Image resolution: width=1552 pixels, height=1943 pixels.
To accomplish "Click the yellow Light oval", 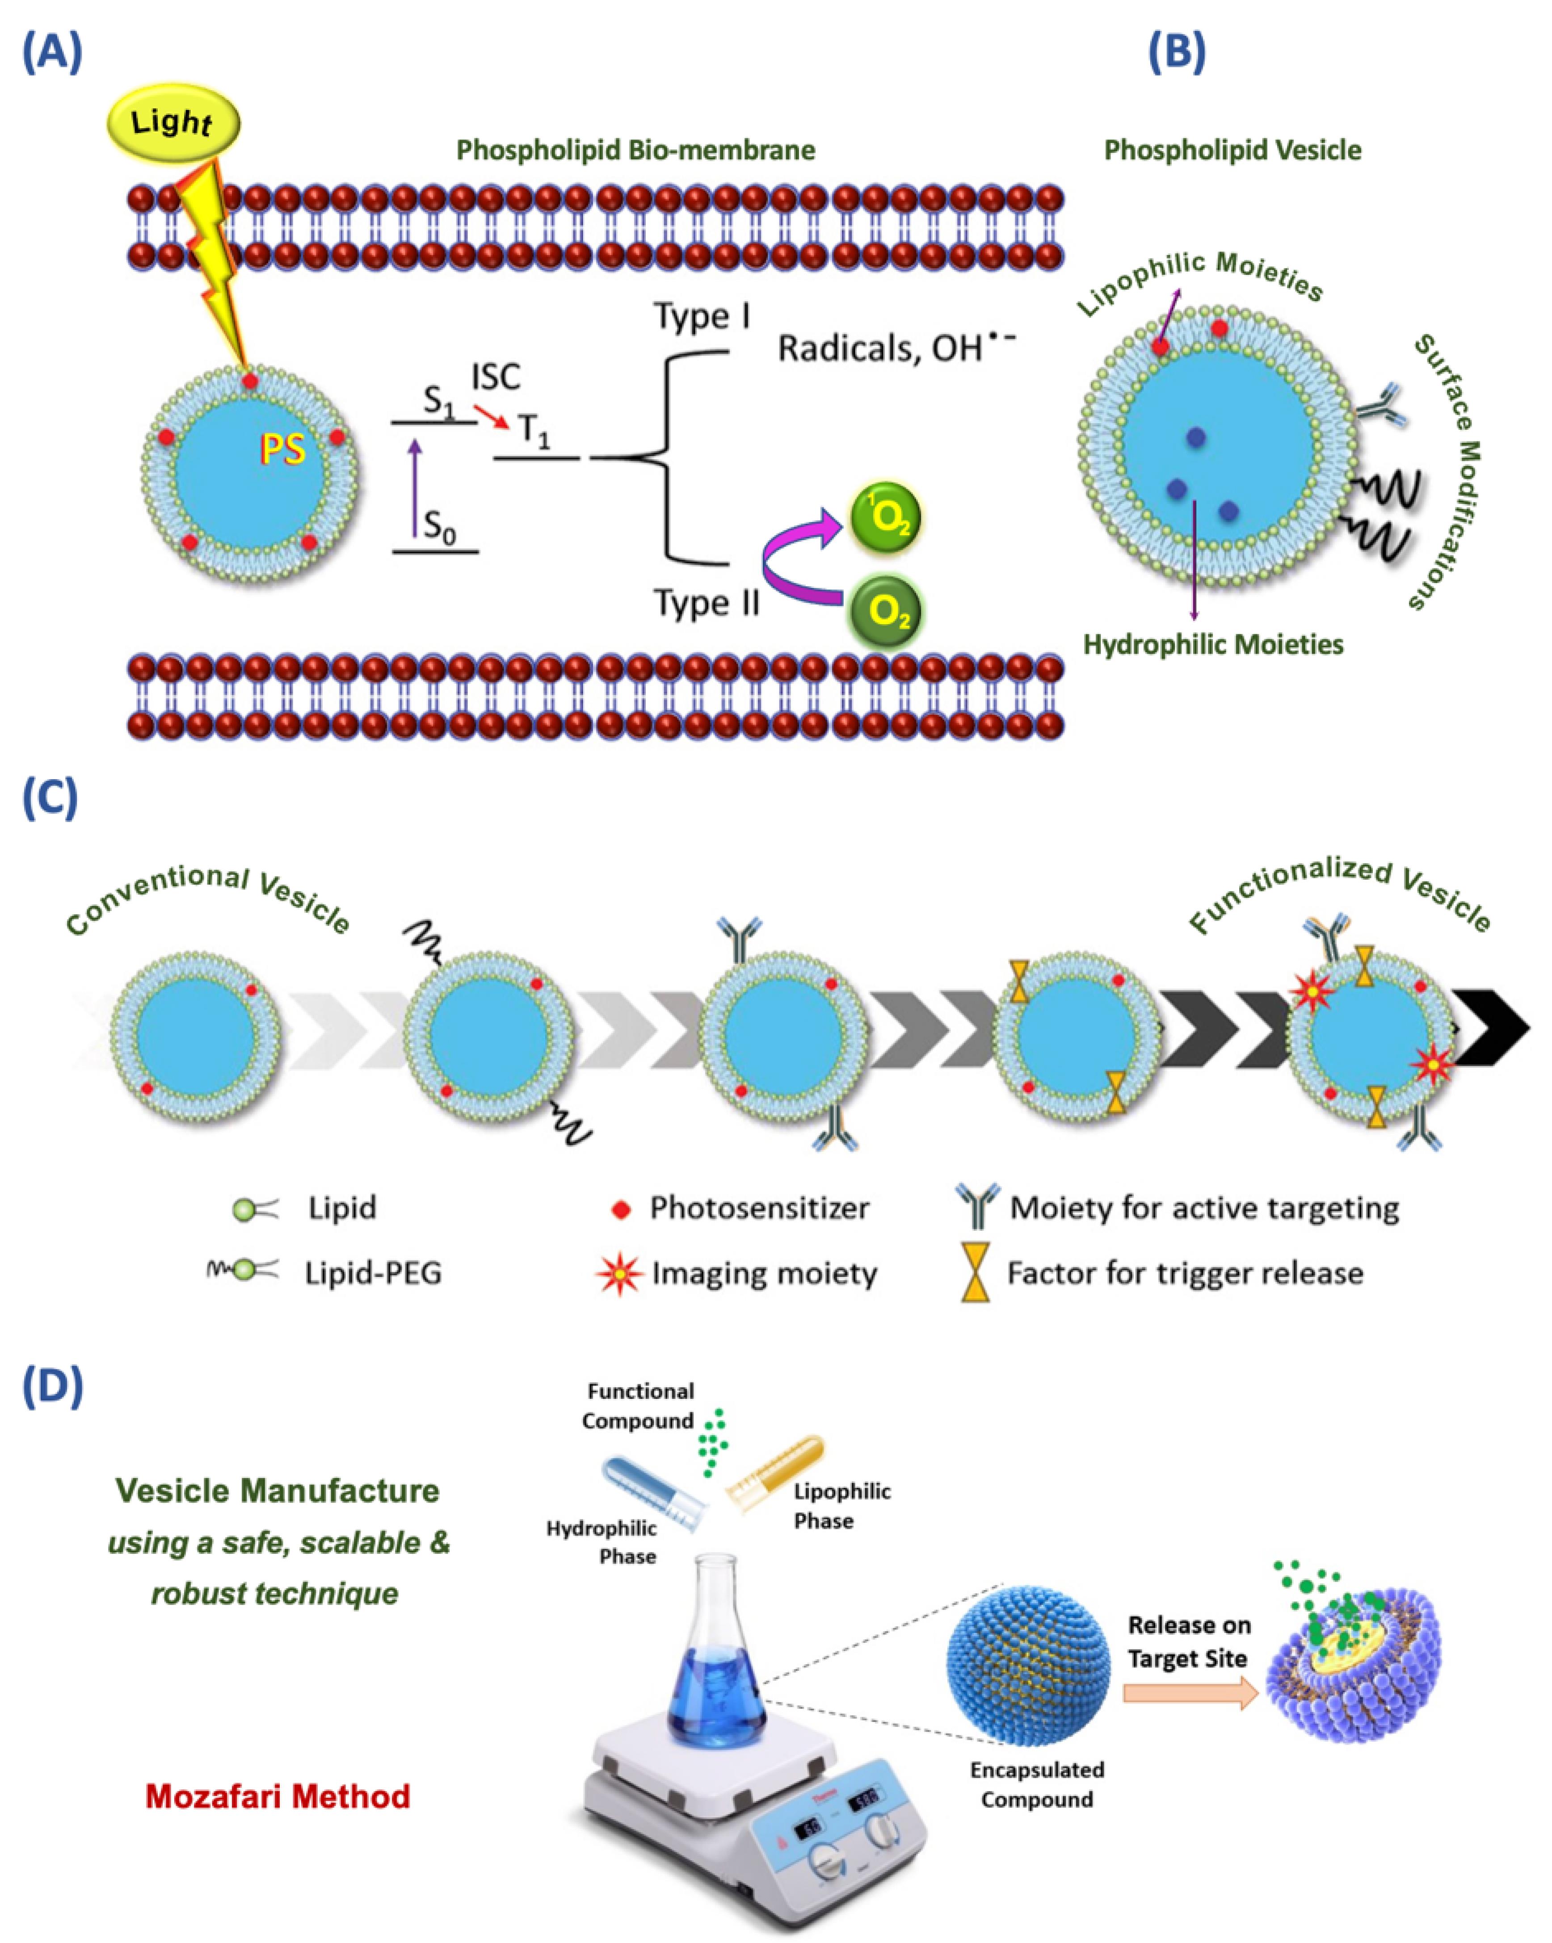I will pos(173,123).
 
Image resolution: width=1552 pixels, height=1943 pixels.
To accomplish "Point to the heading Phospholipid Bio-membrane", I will pos(635,150).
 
